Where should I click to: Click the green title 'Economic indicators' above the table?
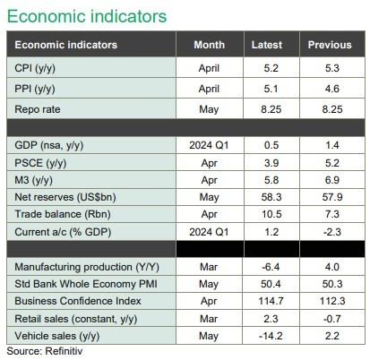click(x=87, y=16)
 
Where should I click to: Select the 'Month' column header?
click(x=209, y=45)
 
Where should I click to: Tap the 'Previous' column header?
click(x=330, y=45)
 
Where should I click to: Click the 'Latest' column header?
click(x=267, y=45)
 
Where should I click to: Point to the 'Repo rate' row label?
click(x=38, y=109)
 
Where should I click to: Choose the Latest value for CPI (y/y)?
click(x=271, y=68)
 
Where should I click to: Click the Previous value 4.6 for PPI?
click(x=332, y=89)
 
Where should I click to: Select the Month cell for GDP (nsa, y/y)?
click(x=209, y=145)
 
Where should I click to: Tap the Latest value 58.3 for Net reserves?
click(x=271, y=197)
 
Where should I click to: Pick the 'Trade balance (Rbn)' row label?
click(x=63, y=214)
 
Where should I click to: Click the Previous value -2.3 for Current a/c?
click(x=332, y=232)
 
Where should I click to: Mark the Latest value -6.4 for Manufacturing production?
click(x=271, y=267)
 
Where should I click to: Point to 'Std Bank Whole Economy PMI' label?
click(x=86, y=284)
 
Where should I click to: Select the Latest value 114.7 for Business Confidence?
click(x=271, y=301)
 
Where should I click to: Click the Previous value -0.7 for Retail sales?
click(x=332, y=319)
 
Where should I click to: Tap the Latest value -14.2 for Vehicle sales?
click(x=271, y=336)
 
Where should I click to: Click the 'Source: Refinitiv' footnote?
click(x=45, y=351)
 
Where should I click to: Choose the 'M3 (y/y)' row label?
click(x=33, y=180)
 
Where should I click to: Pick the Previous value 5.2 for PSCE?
click(x=332, y=163)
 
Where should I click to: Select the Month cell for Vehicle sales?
click(x=209, y=336)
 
